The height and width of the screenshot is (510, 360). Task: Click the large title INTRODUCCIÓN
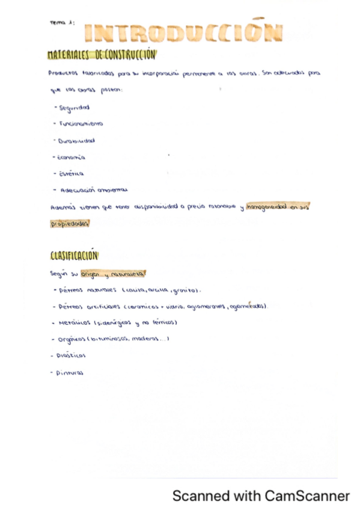pyautogui.click(x=183, y=34)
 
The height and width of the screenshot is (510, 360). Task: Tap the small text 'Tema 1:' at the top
pyautogui.click(x=62, y=22)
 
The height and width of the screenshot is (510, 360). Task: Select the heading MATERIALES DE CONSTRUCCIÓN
pyautogui.click(x=101, y=55)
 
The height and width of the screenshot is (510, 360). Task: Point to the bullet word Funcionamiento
pyautogui.click(x=81, y=124)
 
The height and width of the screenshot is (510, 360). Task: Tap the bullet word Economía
pyautogui.click(x=72, y=157)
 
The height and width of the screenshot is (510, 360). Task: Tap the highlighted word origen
pyautogui.click(x=92, y=273)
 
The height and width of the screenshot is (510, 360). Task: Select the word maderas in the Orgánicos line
pyautogui.click(x=147, y=339)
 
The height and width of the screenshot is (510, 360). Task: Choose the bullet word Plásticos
pyautogui.click(x=71, y=355)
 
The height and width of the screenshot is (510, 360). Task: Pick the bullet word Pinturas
pyautogui.click(x=70, y=372)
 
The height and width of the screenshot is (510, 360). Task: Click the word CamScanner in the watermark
pyautogui.click(x=307, y=496)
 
